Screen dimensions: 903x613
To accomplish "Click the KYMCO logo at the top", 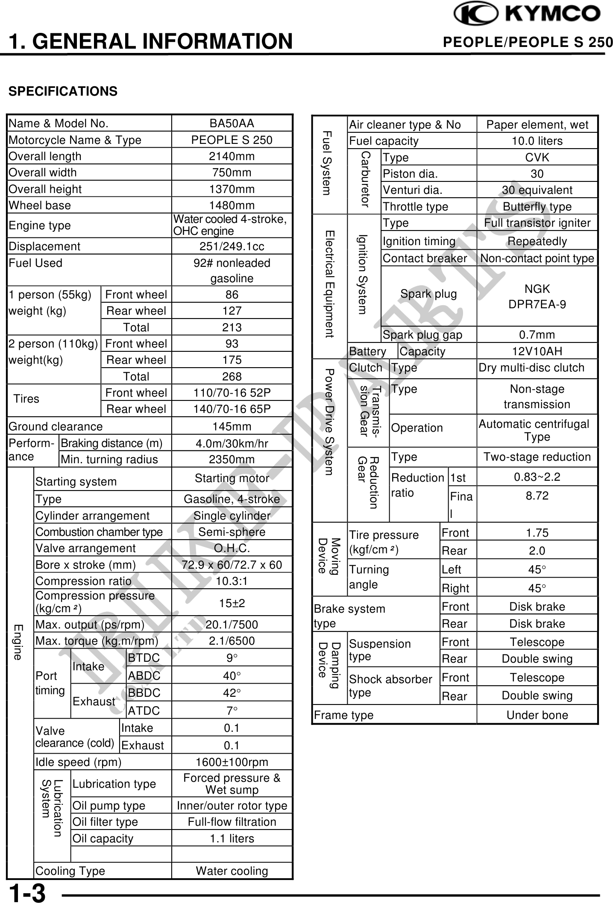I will click(527, 14).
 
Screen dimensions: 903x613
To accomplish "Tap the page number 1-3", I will click(27, 893).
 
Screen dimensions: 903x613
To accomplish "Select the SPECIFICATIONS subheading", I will click(63, 91).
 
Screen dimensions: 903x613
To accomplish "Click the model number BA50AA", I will click(232, 123).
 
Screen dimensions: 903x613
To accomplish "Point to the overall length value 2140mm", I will click(232, 156).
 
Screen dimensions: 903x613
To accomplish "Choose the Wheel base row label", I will click(39, 205).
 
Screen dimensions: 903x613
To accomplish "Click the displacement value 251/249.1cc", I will click(232, 246).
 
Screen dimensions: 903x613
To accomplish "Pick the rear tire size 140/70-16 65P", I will click(232, 409).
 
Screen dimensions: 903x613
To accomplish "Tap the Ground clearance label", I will click(56, 427).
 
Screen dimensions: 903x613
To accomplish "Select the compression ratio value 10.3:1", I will click(232, 581).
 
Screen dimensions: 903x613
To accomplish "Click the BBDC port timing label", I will click(144, 693).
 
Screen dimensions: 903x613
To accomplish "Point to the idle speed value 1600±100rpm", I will click(232, 762).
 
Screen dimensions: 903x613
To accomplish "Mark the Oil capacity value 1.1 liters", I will click(232, 839).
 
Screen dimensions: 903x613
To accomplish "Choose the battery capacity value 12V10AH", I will click(537, 351).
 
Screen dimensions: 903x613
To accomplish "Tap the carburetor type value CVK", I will click(537, 158).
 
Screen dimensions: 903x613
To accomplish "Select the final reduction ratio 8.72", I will click(537, 496).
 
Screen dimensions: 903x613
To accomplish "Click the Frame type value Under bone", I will click(537, 715).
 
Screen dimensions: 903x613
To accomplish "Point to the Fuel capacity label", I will click(384, 141).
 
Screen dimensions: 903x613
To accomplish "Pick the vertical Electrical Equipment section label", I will click(329, 284).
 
